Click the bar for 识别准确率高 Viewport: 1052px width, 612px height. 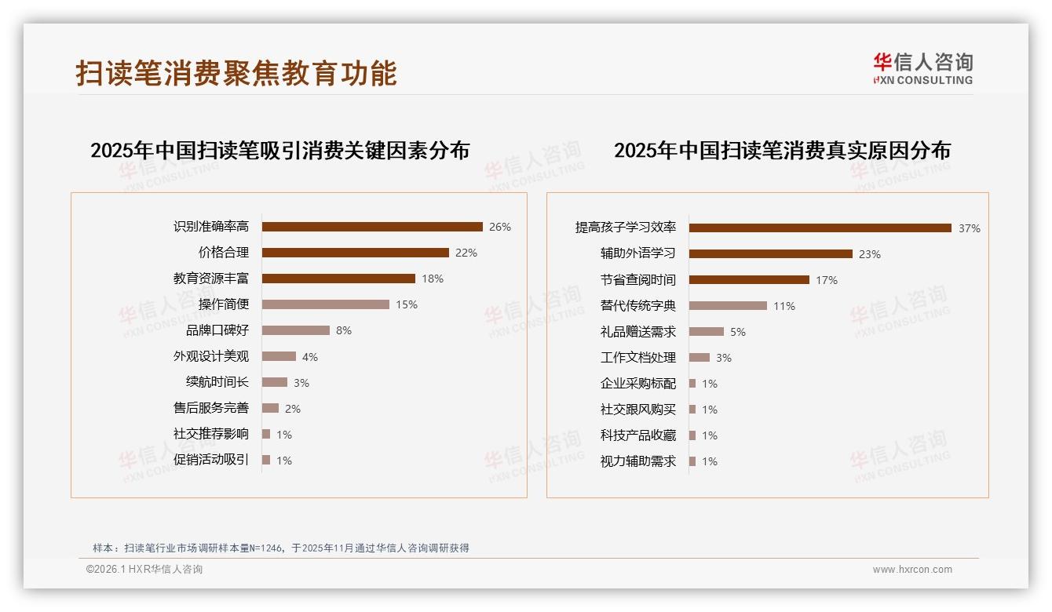[x=372, y=227]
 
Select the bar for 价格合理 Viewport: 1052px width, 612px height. [x=355, y=253]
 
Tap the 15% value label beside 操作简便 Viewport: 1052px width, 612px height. [x=407, y=304]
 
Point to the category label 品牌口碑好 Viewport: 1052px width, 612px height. [x=217, y=330]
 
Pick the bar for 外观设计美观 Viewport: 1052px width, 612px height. [x=279, y=356]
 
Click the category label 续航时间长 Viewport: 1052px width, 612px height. [x=217, y=382]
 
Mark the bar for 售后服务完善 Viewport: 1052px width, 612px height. [x=270, y=408]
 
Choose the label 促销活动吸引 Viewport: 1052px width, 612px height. [x=211, y=460]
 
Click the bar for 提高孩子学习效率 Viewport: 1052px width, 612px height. [x=820, y=228]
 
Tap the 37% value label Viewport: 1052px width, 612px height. [x=969, y=228]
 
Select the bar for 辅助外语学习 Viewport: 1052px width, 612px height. [x=770, y=254]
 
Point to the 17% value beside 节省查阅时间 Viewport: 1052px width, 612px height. [x=826, y=280]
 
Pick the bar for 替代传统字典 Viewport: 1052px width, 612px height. [x=728, y=306]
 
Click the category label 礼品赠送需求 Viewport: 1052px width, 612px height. [x=638, y=332]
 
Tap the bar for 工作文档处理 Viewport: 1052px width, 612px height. [x=699, y=358]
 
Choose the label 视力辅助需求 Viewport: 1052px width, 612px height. [x=638, y=461]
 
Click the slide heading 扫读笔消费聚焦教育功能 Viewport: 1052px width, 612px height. [x=236, y=73]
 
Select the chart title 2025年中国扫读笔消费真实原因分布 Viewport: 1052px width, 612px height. [x=782, y=150]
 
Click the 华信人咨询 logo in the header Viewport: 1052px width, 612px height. [x=922, y=68]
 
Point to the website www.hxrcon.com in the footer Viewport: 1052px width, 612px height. [x=912, y=570]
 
